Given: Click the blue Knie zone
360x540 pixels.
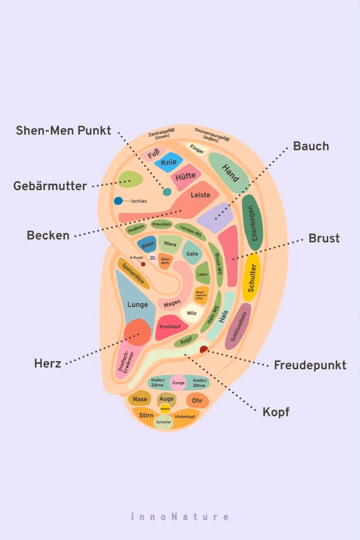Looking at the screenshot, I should [169, 162].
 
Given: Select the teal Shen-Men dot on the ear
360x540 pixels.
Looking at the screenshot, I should [167, 192].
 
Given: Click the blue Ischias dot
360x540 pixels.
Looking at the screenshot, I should [118, 201].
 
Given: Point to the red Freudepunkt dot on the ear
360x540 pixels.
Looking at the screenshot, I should [204, 349].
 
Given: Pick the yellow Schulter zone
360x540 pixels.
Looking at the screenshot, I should [251, 277].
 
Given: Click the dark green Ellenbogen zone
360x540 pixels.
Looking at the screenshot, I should [253, 222].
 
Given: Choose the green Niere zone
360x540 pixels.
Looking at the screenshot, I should [170, 244].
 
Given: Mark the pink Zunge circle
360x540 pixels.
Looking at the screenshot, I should [178, 382].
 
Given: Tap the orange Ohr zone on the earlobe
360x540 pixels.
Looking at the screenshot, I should [197, 401].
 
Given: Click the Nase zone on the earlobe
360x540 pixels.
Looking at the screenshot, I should [140, 399].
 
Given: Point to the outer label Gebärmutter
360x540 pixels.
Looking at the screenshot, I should [50, 186].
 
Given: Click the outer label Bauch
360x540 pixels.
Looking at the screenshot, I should [311, 146].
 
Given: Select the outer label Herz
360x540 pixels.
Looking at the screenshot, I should [47, 363].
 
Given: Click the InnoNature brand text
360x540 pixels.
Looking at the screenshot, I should [180, 517].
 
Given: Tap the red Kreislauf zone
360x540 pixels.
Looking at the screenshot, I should [171, 326].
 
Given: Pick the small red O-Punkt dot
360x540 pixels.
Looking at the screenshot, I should [143, 264].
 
